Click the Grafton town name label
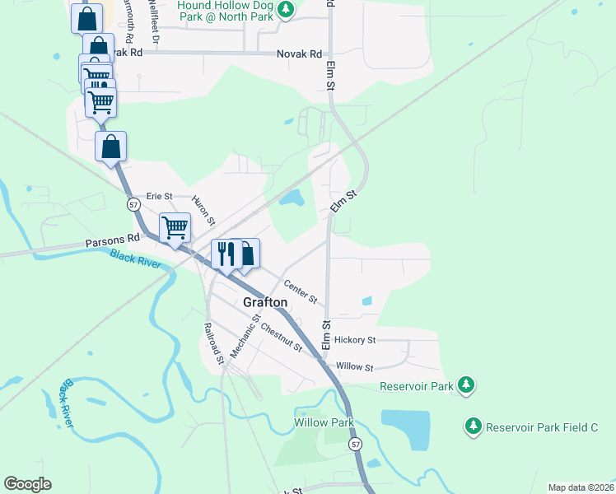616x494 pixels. point(265,302)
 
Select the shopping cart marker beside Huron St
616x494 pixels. point(175,227)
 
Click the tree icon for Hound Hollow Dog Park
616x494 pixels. point(285,10)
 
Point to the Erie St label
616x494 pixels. point(158,196)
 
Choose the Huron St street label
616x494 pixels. point(204,210)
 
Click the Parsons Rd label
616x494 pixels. point(106,244)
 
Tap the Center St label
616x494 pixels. point(301,291)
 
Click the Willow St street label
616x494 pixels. point(355,367)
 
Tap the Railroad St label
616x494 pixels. point(212,343)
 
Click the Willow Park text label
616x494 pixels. point(324,422)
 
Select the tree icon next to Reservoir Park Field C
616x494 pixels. point(473,426)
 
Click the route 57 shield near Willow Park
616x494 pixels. point(355,444)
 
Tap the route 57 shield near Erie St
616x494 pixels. point(133,203)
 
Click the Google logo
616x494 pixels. point(27,484)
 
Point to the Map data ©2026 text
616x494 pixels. point(581,487)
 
